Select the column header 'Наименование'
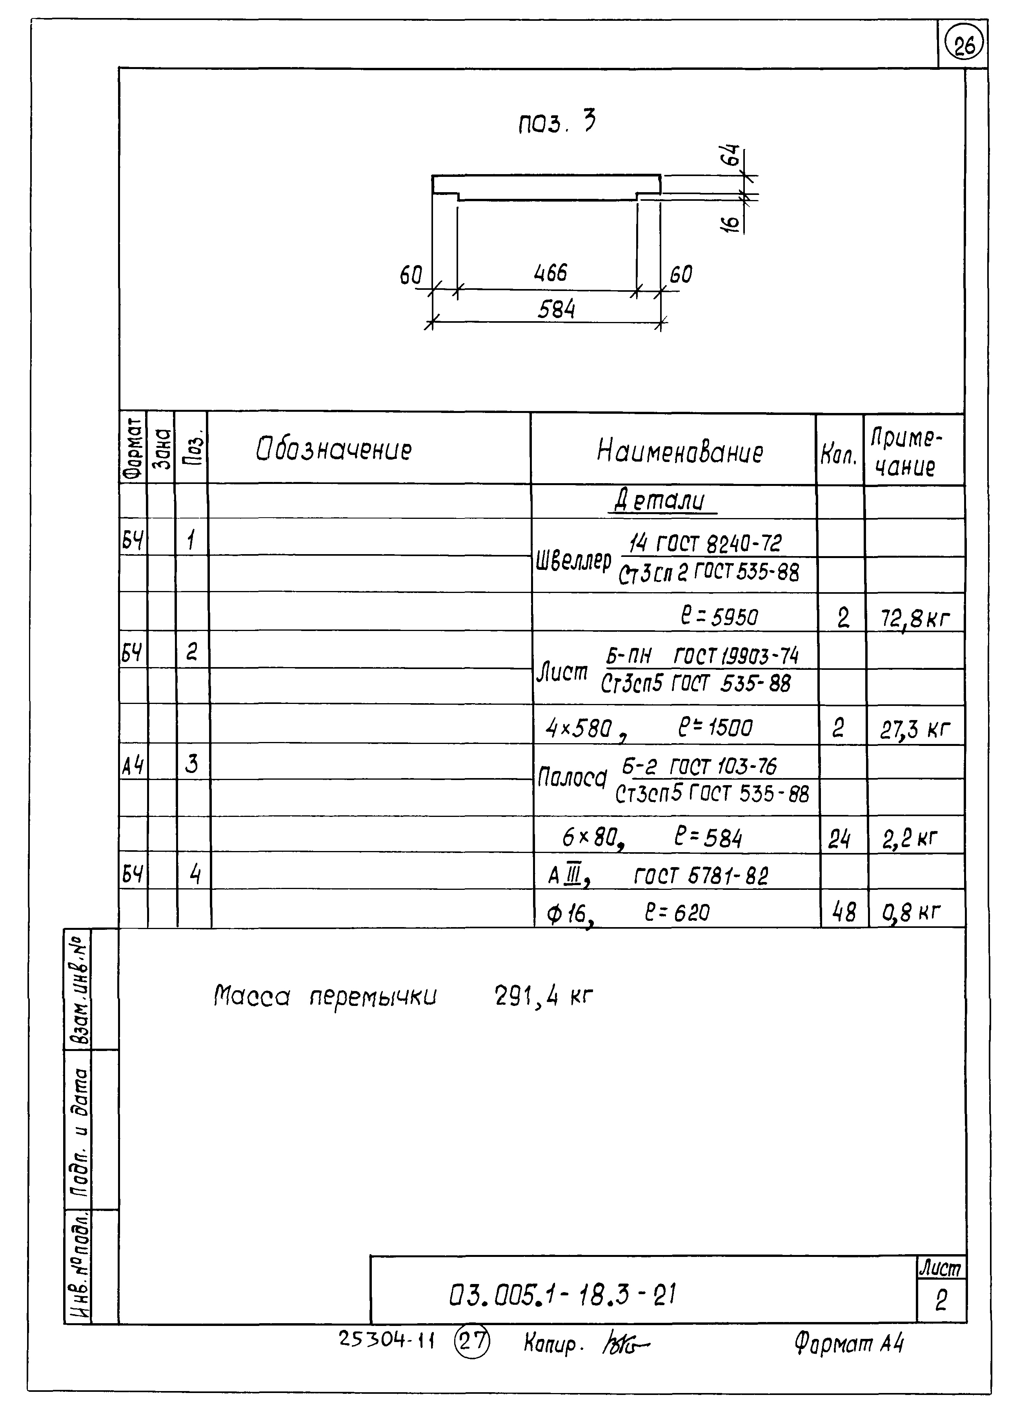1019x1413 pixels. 679,452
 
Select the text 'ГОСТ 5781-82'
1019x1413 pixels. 701,877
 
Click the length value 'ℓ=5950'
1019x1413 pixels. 719,617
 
